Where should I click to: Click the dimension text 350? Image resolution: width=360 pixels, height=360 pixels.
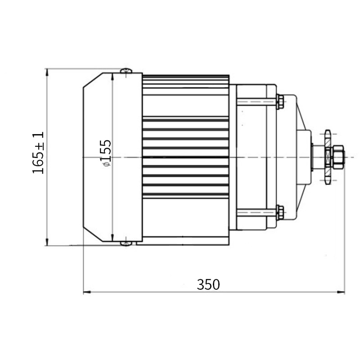point(208,284)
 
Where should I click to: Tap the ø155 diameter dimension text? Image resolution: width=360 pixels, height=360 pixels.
point(105,153)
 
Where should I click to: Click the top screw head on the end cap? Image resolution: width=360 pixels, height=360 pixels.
point(126,71)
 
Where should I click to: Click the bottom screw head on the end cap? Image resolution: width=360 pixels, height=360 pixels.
point(126,243)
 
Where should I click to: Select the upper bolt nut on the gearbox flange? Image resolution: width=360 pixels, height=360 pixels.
point(280,101)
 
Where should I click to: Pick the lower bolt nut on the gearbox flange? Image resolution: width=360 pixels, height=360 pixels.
point(280,212)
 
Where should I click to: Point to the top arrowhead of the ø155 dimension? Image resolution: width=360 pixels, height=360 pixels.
point(112,76)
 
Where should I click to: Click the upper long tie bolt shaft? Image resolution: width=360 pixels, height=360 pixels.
point(256,102)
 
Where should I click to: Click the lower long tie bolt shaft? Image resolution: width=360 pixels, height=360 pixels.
point(256,212)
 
